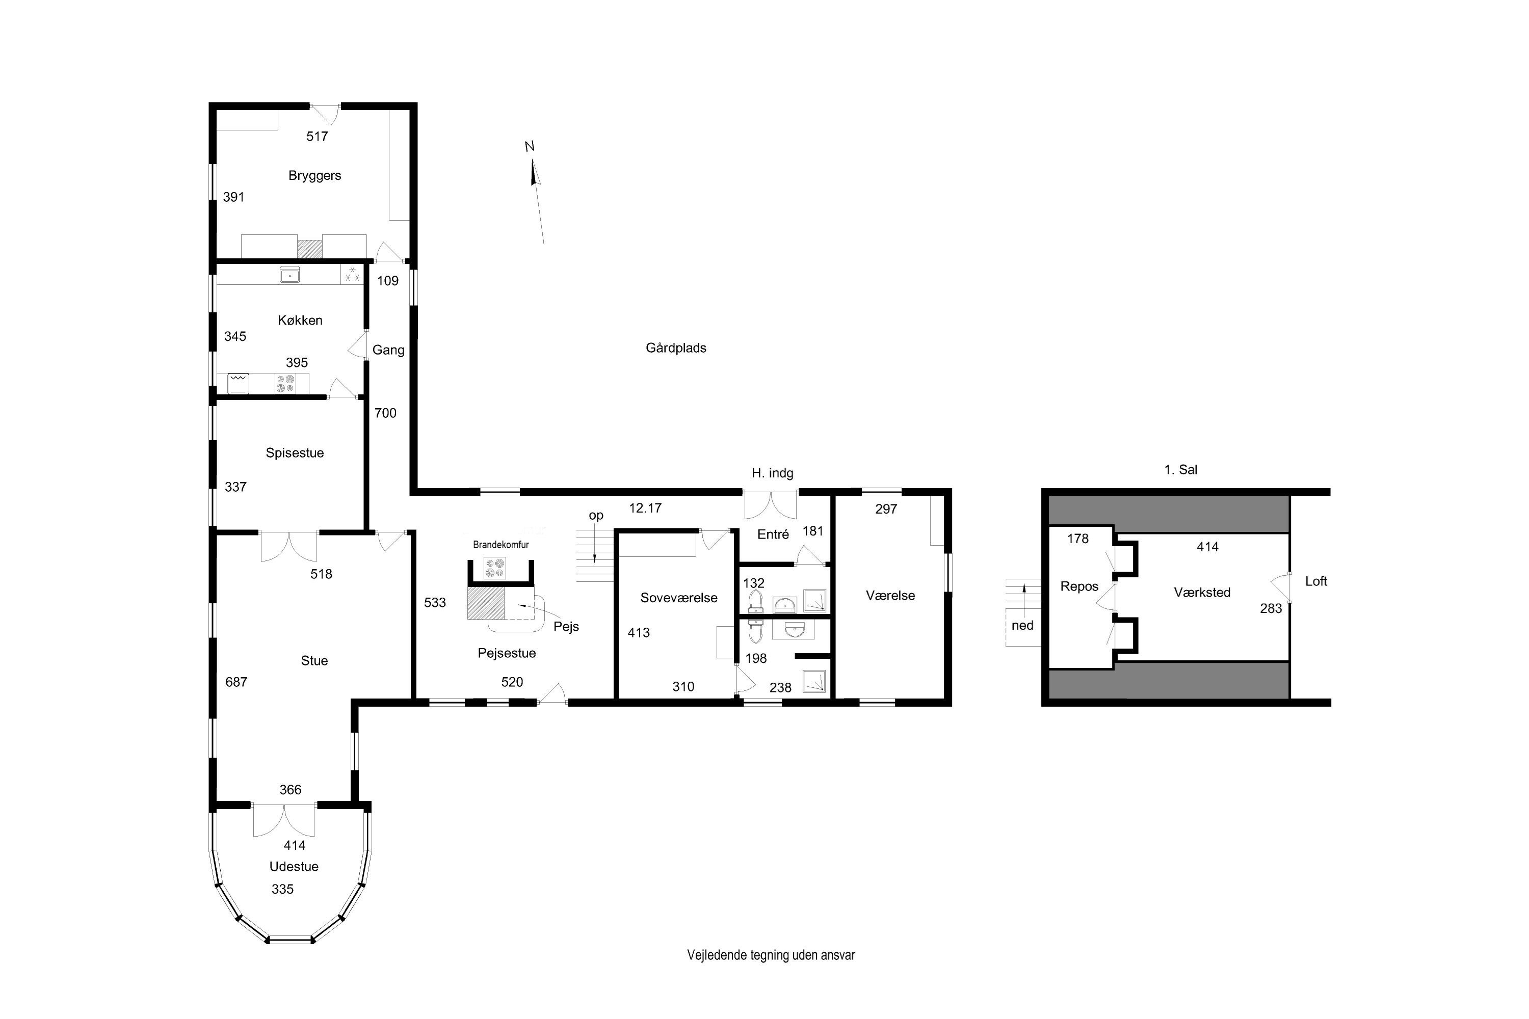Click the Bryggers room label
[x=314, y=175]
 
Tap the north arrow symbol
[x=536, y=174]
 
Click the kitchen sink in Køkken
[x=289, y=275]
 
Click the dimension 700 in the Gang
[x=385, y=413]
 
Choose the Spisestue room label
[x=295, y=453]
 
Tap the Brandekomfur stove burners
[x=495, y=569]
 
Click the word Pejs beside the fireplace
[x=566, y=627]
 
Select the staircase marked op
[x=595, y=556]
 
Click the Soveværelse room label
[x=679, y=598]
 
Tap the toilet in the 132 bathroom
[x=756, y=601]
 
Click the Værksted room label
[x=1201, y=593]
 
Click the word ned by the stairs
[x=1022, y=626]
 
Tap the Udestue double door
[x=283, y=821]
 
